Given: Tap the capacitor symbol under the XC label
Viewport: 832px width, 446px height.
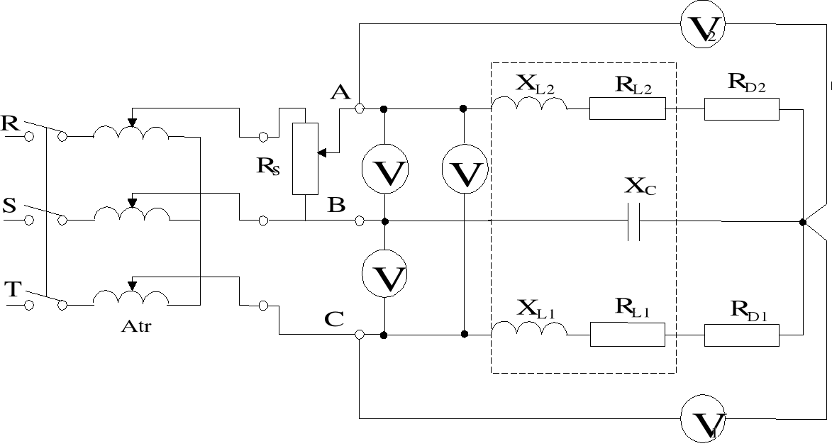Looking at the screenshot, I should click(x=634, y=222).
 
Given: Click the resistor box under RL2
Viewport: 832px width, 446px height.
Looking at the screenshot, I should click(x=627, y=109).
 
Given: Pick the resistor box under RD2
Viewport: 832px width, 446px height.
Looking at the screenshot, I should click(x=741, y=109).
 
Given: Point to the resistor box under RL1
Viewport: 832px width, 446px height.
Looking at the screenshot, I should click(x=627, y=334).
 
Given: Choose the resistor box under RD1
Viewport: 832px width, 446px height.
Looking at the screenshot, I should click(x=741, y=334).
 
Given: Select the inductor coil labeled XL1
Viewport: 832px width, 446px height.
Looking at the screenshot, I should click(x=529, y=330).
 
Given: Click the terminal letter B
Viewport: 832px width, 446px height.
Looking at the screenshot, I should click(x=336, y=205).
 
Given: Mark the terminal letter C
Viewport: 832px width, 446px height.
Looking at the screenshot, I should click(x=334, y=318).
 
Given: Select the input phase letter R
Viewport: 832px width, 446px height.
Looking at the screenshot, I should click(x=11, y=122).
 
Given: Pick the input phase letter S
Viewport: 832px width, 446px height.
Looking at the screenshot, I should click(x=10, y=206).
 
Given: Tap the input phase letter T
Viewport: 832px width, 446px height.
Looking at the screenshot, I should click(x=12, y=289).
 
